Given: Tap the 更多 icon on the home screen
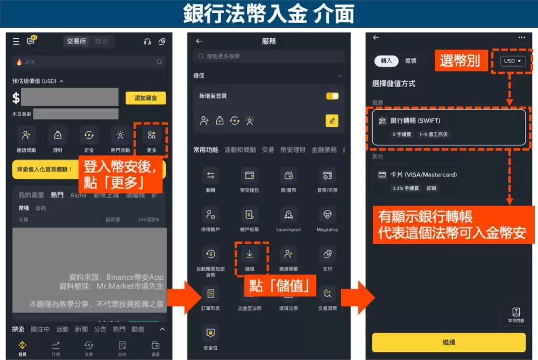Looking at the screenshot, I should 151,135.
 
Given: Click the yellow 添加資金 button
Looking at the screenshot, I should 145,98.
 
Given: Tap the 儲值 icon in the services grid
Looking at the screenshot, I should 250,253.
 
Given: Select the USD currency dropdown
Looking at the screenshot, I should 512,61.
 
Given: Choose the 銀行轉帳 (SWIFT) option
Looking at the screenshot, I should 448,127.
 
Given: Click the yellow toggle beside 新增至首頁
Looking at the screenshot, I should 332,96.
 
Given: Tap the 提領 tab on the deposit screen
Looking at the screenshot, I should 410,61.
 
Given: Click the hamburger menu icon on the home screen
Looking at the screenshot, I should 16,41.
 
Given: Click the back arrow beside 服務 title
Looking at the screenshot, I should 199,41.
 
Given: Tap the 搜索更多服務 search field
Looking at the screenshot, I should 268,56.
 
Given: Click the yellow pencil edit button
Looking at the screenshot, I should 332,121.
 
